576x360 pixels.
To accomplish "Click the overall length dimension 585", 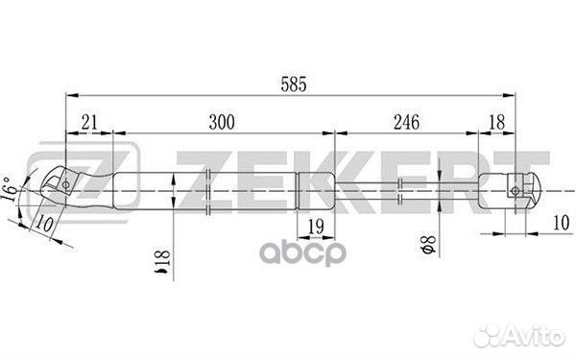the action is point(294,84).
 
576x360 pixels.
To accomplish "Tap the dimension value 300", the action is point(222,122).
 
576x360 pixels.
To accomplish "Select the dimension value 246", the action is point(407,122).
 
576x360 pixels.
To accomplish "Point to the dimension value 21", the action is point(89,122).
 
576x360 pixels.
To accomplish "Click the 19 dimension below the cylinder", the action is point(316,227).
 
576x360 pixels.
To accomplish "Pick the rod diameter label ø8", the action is point(428,245).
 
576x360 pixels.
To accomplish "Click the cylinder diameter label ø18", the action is point(161,262).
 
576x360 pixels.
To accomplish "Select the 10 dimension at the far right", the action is point(561,223).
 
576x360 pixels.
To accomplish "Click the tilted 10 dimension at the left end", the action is point(44,224).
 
